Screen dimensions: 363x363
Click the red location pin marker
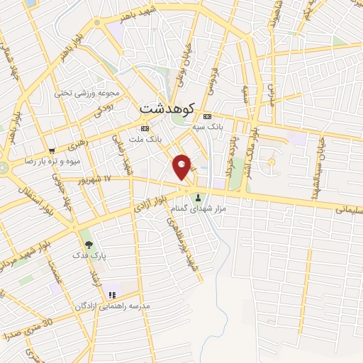click(x=182, y=167)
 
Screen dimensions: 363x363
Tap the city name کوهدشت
click(x=167, y=108)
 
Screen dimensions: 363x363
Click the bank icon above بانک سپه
click(x=207, y=117)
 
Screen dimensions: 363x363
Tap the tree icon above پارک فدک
click(x=88, y=244)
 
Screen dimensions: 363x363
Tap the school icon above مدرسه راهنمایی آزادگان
click(x=111, y=296)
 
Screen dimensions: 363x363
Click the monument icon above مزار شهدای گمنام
click(x=199, y=198)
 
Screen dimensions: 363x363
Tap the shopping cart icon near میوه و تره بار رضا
click(x=52, y=150)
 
